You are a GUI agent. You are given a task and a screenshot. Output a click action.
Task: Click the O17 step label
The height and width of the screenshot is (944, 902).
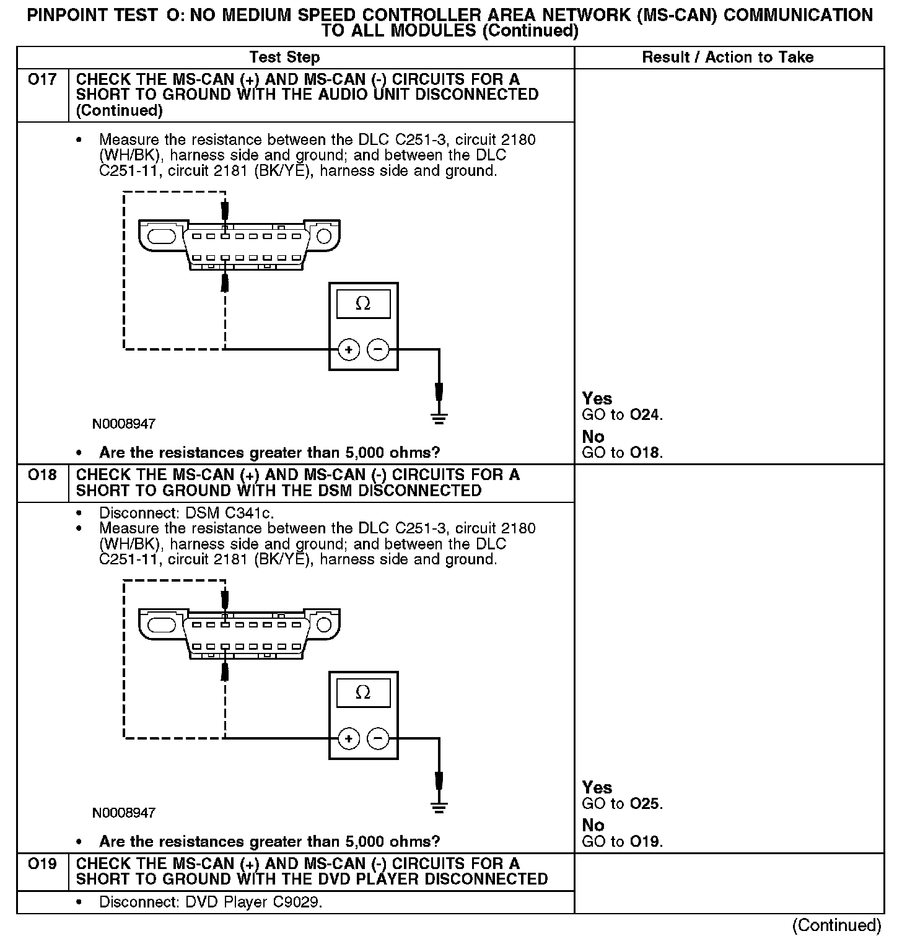coord(42,80)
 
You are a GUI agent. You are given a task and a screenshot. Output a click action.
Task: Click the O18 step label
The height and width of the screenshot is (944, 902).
coord(42,475)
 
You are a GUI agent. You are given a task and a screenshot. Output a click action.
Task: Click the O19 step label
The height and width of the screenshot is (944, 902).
coord(42,863)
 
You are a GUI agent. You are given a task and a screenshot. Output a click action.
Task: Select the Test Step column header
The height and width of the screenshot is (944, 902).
coord(284,58)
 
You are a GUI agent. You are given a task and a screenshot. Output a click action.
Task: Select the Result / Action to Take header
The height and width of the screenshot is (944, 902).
coord(727,58)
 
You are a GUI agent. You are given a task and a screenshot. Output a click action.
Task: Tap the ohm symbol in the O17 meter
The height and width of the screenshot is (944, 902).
coord(363,304)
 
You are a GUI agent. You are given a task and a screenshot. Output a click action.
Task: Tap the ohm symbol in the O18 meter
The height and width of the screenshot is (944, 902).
coord(363,693)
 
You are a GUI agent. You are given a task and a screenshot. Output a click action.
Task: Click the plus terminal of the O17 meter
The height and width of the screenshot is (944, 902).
coord(349,350)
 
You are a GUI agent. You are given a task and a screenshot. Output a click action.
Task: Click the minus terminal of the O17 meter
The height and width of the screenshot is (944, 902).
coord(377,350)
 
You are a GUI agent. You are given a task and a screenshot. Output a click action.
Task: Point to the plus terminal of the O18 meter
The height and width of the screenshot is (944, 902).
coord(349,738)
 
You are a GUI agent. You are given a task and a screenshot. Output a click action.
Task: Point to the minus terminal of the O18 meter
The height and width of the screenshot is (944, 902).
coord(377,738)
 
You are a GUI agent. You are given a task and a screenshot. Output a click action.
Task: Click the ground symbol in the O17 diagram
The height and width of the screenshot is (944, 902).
coord(439,418)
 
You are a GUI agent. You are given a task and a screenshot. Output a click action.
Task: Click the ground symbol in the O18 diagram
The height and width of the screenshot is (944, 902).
coord(439,806)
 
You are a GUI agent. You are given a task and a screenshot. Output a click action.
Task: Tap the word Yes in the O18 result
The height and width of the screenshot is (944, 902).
coord(597,787)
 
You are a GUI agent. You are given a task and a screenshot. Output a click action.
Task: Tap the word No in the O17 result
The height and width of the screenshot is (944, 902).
coord(593,437)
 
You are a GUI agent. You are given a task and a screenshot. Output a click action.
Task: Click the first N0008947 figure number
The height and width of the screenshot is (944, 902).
coord(124,424)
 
